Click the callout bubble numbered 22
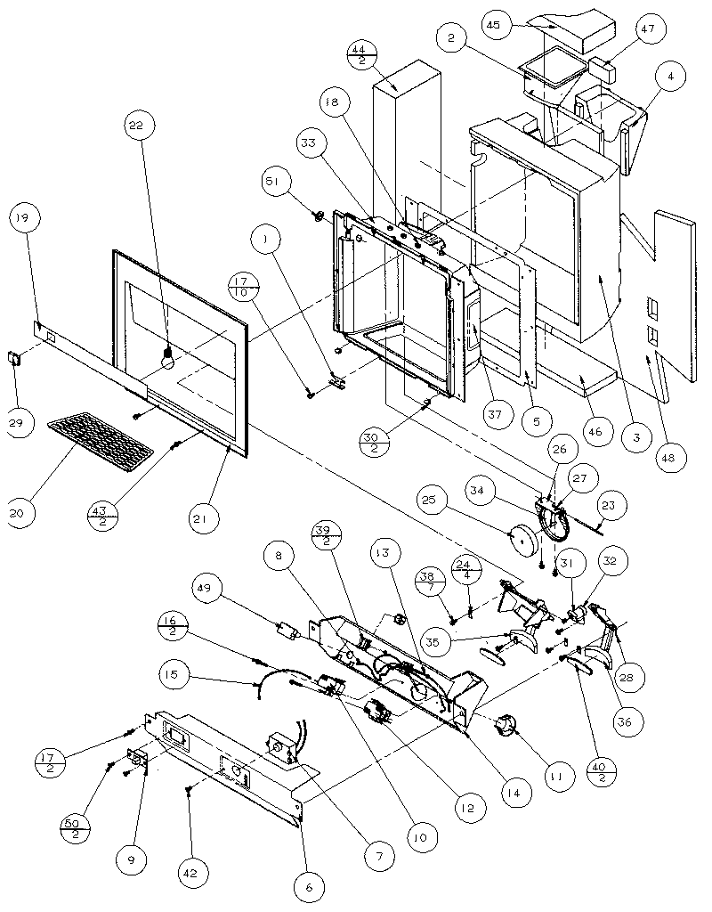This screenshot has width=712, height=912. pyautogui.click(x=135, y=128)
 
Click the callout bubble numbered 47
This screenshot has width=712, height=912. pyautogui.click(x=647, y=29)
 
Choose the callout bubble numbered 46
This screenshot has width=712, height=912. pyautogui.click(x=595, y=432)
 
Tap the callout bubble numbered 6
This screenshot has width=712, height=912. pyautogui.click(x=310, y=886)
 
